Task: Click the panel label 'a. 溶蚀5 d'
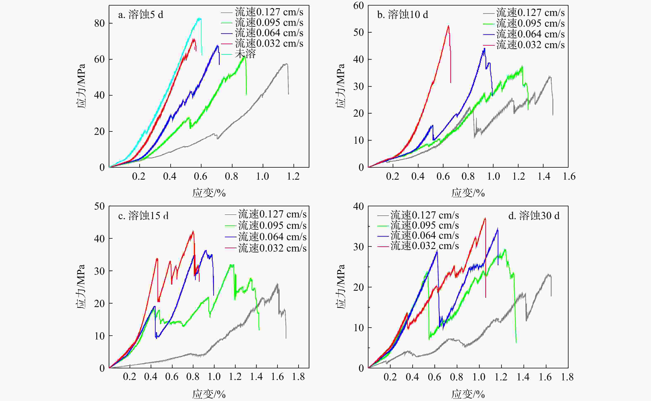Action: click(141, 15)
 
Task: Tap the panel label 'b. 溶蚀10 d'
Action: click(403, 15)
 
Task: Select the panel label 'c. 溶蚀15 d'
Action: click(143, 216)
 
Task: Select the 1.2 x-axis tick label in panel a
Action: click(293, 176)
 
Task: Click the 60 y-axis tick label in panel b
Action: click(358, 6)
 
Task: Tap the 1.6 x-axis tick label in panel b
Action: click(569, 176)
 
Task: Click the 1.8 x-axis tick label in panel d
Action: click(567, 377)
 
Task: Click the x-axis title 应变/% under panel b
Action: click(468, 193)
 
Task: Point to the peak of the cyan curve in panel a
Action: click(199, 18)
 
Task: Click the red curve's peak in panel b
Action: click(448, 26)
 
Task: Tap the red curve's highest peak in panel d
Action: click(485, 218)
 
